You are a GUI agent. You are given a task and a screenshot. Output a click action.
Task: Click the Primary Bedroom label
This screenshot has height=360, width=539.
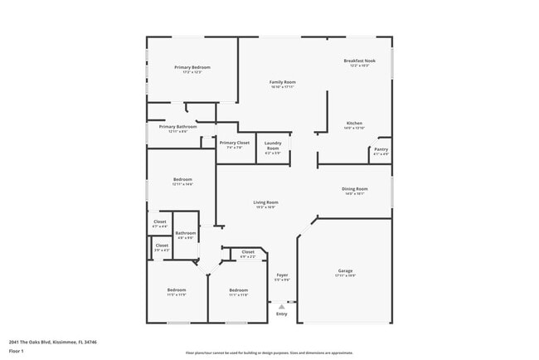[192, 67]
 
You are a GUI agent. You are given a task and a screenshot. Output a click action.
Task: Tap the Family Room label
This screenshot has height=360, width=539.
[283, 82]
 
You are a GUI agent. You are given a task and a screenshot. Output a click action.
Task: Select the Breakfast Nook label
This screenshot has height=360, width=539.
[360, 61]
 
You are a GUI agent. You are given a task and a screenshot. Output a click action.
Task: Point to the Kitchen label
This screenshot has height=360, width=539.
[354, 123]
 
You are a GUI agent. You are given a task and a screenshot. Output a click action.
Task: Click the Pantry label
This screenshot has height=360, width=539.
[381, 149]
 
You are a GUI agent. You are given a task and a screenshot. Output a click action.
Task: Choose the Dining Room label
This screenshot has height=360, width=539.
[355, 189]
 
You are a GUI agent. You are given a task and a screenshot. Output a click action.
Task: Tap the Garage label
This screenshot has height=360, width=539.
[345, 271]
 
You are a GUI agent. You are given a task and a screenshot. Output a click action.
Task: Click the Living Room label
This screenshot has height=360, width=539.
[265, 202]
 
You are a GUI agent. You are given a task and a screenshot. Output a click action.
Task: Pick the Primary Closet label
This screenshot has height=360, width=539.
[234, 143]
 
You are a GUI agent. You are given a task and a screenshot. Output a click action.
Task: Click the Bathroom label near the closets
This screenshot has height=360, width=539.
[186, 233]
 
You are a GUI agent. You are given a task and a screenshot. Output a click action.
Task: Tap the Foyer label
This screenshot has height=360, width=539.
[282, 275]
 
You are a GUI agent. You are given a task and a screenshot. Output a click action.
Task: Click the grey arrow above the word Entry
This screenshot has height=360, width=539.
[282, 306]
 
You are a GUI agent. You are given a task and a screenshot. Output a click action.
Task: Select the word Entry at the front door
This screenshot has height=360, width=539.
[282, 314]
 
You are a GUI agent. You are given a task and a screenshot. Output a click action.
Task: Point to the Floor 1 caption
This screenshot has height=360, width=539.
[17, 351]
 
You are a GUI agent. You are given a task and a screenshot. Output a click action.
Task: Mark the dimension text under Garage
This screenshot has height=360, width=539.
[345, 276]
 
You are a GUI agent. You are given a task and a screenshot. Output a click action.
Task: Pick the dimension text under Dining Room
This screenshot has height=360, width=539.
[355, 194]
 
